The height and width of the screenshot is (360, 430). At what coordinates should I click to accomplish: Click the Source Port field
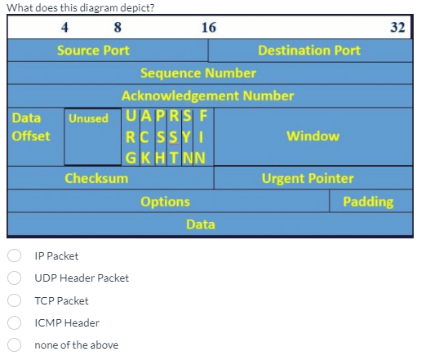point(93,51)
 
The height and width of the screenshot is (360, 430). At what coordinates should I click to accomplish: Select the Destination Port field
point(308,51)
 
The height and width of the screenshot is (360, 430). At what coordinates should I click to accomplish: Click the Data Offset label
point(31,127)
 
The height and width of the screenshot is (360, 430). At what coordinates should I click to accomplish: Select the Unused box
point(88,119)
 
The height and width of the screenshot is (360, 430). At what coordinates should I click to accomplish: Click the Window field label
point(313,136)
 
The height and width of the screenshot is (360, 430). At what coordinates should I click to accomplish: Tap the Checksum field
point(96,178)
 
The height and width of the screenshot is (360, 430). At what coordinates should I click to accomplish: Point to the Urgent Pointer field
point(308,178)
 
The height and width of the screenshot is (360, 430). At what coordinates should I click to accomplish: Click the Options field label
point(165,201)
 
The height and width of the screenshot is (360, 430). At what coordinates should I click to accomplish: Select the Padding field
point(368,201)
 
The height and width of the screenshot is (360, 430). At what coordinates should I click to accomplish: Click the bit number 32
point(397,27)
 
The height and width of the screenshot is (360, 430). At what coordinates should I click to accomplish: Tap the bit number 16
point(208,27)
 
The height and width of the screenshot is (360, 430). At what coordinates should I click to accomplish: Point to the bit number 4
point(64,27)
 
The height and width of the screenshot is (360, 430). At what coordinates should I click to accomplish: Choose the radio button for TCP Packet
point(15,300)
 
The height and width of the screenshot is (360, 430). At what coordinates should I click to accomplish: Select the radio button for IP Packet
point(15,256)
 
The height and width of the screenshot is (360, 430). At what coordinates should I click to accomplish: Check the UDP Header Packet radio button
point(15,278)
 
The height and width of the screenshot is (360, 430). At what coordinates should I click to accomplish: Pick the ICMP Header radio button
point(15,322)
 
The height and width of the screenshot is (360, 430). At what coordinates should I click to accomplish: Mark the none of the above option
point(15,345)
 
